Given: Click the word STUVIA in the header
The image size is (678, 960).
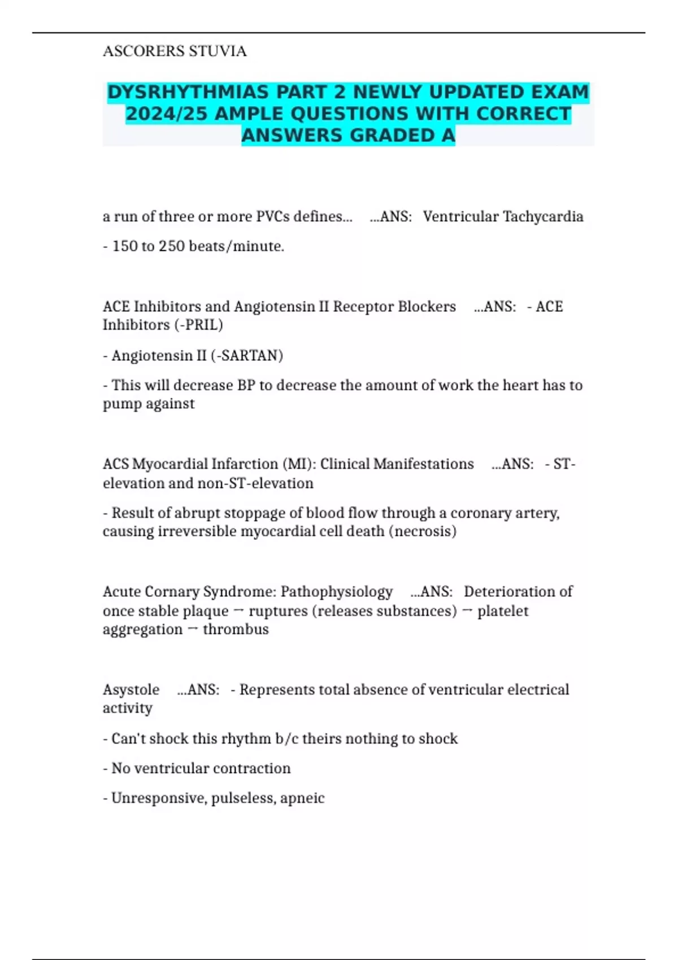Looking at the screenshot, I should (x=218, y=51).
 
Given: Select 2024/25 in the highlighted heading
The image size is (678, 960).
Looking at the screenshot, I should (x=167, y=114).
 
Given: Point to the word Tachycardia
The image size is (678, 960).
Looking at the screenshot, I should (x=543, y=216).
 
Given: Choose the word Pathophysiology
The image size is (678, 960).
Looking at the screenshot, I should (x=336, y=591).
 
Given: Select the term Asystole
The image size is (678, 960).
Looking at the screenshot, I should (x=131, y=690).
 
